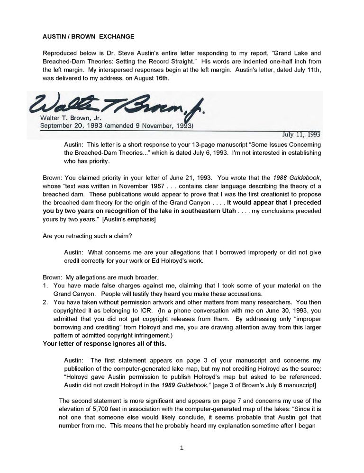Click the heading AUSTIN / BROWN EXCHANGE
point(89,36)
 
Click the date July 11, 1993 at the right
point(301,134)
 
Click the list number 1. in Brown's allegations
point(45,286)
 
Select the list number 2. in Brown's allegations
point(45,302)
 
